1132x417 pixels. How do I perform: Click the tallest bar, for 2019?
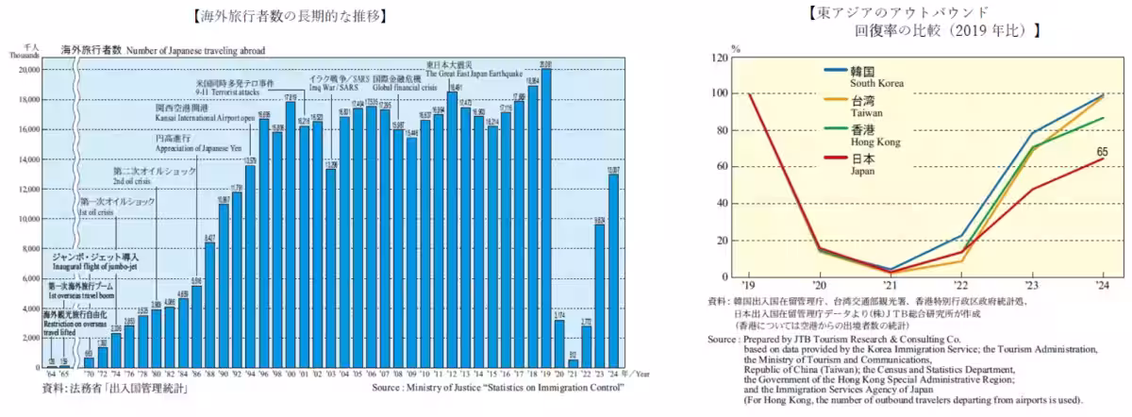546,217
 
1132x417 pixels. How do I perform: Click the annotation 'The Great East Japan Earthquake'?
474,73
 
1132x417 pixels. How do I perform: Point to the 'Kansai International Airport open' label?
206,119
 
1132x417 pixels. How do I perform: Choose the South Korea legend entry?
877,83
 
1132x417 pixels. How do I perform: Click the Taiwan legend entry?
870,112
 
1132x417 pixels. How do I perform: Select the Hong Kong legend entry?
874,141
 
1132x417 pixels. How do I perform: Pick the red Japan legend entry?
865,171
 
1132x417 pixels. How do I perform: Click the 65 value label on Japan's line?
1101,151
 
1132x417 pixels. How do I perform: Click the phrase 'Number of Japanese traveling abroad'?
195,50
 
